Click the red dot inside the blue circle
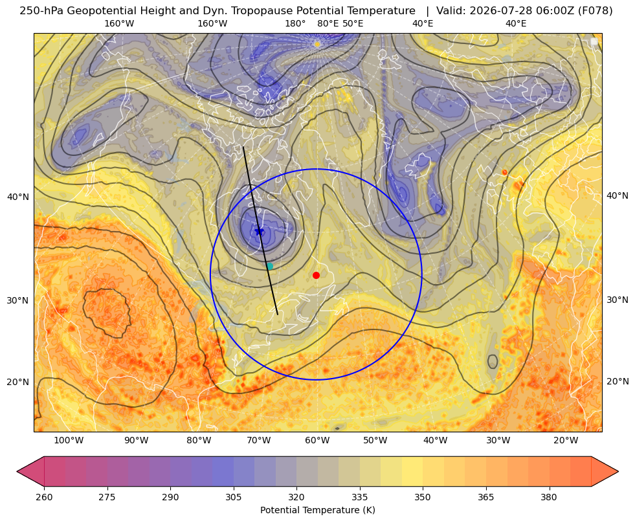pyautogui.click(x=317, y=275)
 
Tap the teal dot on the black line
pyautogui.click(x=269, y=266)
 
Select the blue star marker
pyautogui.click(x=259, y=232)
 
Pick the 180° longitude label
pyautogui.click(x=295, y=23)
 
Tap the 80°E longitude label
pyautogui.click(x=328, y=23)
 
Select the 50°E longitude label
pyautogui.click(x=353, y=23)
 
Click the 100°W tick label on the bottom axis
pyautogui.click(x=69, y=441)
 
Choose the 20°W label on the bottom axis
pyautogui.click(x=565, y=441)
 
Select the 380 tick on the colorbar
pyautogui.click(x=549, y=497)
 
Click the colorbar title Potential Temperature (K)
pyautogui.click(x=317, y=510)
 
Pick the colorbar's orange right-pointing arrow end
pyautogui.click(x=605, y=471)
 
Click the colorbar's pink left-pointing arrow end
pyautogui.click(x=30, y=471)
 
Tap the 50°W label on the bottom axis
pyautogui.click(x=375, y=441)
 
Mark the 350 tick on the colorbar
pyautogui.click(x=423, y=497)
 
